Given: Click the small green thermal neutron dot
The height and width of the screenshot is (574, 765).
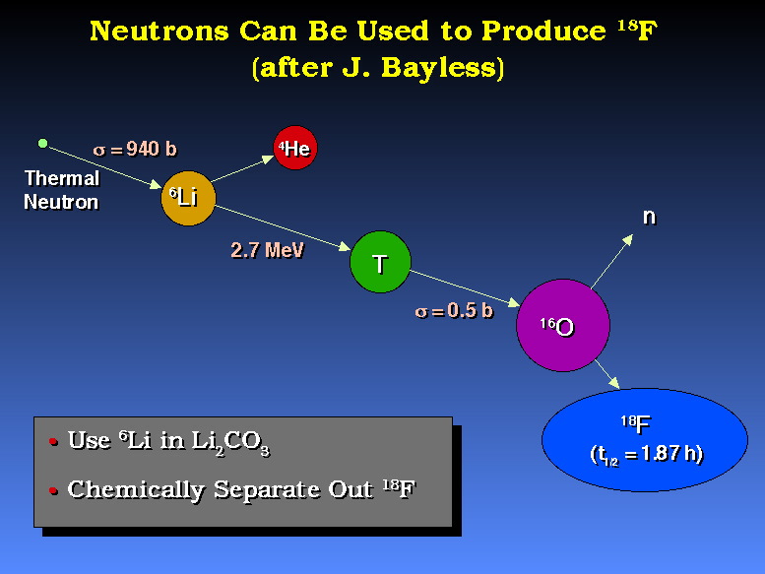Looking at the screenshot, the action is [43, 143].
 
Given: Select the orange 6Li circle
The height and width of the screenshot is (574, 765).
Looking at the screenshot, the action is [188, 198].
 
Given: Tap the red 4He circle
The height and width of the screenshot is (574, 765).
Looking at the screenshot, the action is [295, 149].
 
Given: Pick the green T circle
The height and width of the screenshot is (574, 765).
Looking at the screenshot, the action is [381, 262].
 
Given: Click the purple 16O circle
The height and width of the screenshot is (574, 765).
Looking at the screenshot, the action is [563, 325].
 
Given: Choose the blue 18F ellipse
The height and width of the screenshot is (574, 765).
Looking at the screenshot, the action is [645, 439].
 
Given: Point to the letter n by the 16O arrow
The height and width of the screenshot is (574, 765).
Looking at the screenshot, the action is [649, 217].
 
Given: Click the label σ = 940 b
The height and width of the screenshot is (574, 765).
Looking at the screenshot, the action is [135, 149].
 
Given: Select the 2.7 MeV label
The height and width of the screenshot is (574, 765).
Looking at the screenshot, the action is [267, 250].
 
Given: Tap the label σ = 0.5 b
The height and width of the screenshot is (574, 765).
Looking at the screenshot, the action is [454, 311].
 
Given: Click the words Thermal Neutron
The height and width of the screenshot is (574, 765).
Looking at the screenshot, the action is [61, 190].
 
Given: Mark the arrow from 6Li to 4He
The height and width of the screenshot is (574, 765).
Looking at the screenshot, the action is [242, 168].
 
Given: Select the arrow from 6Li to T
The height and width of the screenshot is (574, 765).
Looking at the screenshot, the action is [283, 228].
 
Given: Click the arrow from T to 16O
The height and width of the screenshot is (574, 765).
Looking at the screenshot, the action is [465, 288].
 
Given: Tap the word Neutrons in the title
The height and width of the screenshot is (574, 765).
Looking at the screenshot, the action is [159, 32].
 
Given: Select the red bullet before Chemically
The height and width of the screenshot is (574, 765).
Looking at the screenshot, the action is [54, 490].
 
